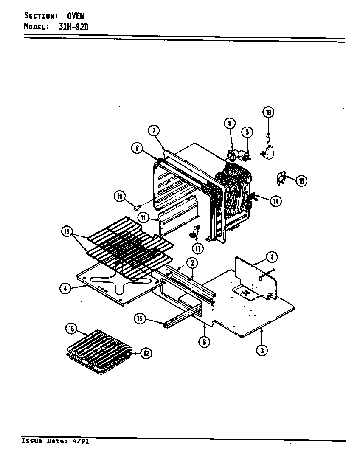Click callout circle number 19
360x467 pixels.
click(x=268, y=113)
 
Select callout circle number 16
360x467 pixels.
click(x=301, y=181)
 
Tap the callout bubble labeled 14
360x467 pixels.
click(x=276, y=201)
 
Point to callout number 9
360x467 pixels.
click(x=229, y=123)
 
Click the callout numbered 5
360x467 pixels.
click(x=247, y=132)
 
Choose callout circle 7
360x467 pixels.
click(x=153, y=131)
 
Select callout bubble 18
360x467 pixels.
click(x=71, y=328)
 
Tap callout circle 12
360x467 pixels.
click(x=146, y=353)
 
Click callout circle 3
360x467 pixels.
click(x=263, y=351)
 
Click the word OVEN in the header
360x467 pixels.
click(x=76, y=16)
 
